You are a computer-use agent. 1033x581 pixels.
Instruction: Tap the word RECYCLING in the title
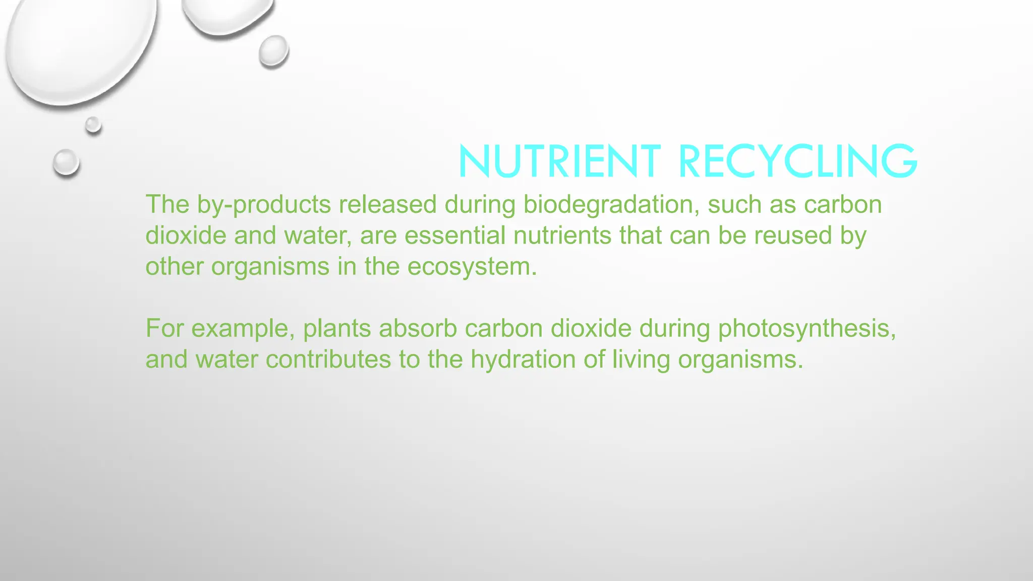[x=798, y=161]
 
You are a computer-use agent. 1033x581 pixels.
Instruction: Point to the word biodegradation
[x=611, y=205]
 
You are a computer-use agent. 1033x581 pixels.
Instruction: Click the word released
[x=387, y=205]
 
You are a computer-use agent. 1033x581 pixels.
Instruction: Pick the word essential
[x=454, y=236]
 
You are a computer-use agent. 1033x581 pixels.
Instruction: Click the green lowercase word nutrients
[x=562, y=236]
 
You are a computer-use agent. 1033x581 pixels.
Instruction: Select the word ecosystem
[x=472, y=267]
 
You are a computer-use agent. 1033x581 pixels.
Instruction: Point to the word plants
[x=337, y=329]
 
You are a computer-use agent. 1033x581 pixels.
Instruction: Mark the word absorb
[x=418, y=329]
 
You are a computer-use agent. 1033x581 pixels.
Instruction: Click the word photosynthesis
[x=807, y=329]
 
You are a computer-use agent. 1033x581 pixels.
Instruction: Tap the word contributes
[x=328, y=360]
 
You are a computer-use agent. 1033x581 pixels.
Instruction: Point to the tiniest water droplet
[x=93, y=125]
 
